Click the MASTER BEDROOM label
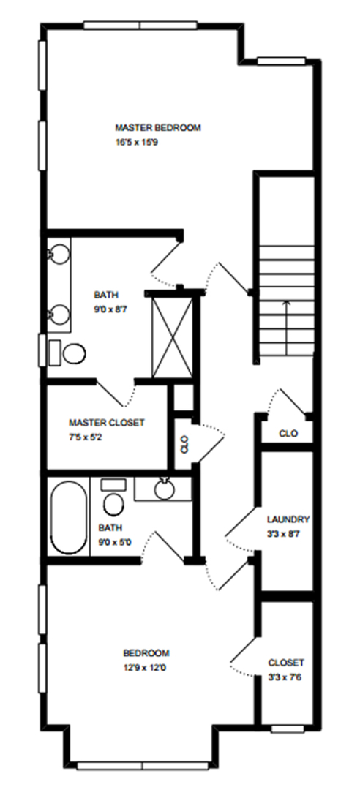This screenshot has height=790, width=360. (x=158, y=128)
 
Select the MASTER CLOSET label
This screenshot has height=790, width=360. (x=107, y=423)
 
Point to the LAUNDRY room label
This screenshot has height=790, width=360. (x=288, y=519)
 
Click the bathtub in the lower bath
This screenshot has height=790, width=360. (x=68, y=517)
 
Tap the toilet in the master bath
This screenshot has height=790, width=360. (x=68, y=352)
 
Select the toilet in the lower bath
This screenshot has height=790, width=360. (x=113, y=498)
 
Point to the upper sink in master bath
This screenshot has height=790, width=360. (x=60, y=253)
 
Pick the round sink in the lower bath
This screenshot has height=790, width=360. (x=165, y=489)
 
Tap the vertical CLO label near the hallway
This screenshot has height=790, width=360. (x=184, y=445)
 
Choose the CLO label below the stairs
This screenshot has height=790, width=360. (x=288, y=433)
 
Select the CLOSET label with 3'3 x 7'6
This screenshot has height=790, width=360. (x=286, y=663)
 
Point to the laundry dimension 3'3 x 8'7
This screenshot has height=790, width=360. (x=283, y=533)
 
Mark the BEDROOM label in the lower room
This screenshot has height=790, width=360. (x=146, y=653)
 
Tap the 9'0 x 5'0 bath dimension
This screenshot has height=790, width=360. (x=115, y=543)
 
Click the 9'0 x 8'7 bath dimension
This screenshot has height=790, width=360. (x=111, y=309)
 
